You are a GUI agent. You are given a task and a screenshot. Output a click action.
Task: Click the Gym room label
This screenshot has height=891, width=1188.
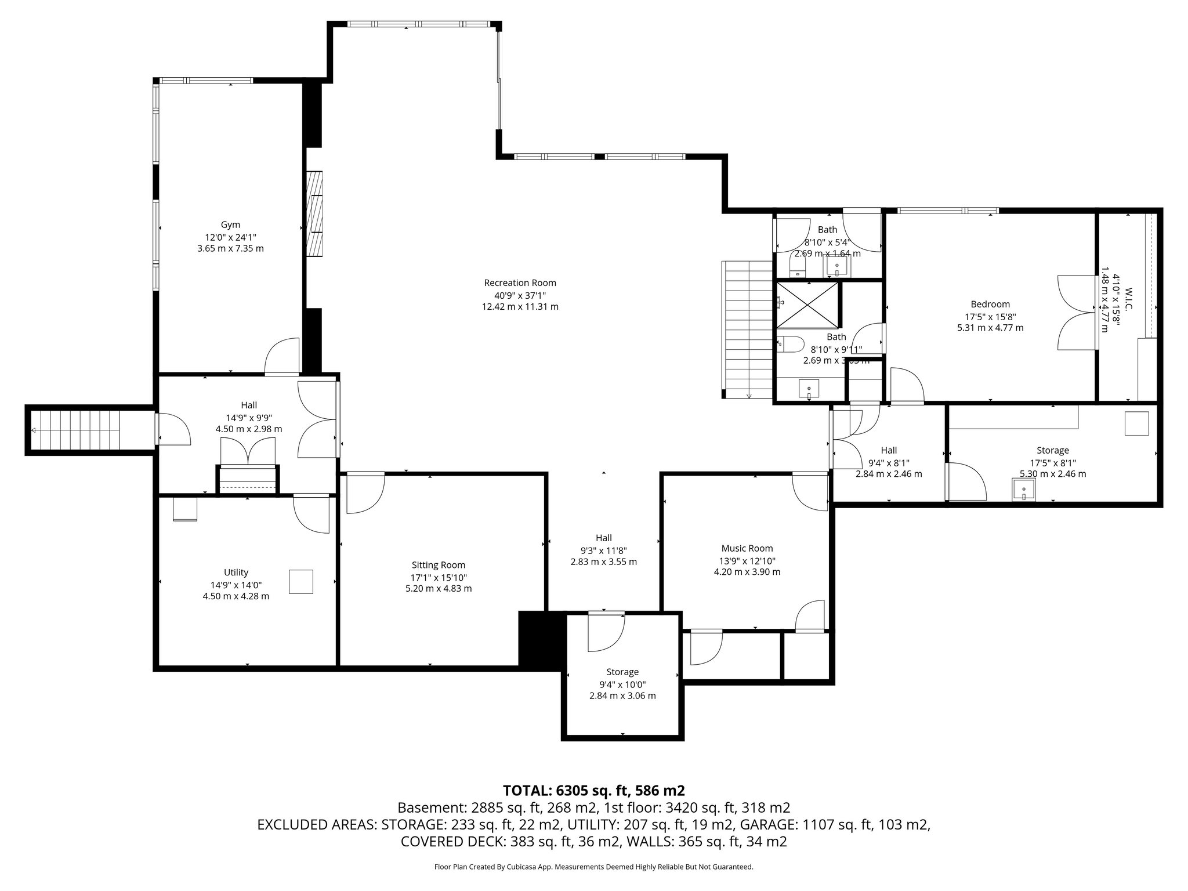[230, 224]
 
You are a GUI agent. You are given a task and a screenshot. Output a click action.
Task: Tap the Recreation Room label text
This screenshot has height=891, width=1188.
[520, 283]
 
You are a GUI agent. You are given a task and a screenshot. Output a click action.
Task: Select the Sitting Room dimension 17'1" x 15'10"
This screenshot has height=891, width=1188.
[438, 577]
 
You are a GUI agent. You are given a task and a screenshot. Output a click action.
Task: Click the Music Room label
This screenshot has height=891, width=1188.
[747, 548]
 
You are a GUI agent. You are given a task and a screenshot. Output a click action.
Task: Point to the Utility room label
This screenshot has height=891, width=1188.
[236, 573]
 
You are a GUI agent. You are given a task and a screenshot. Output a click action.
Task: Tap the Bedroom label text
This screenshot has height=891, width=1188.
[990, 304]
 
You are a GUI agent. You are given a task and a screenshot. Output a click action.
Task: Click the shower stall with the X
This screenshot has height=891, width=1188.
[807, 304]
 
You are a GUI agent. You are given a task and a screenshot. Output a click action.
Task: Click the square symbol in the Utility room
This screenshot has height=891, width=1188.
[301, 582]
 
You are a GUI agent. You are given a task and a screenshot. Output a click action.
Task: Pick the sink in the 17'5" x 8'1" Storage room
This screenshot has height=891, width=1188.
[1024, 490]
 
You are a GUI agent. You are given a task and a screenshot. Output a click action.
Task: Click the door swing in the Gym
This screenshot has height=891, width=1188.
[282, 356]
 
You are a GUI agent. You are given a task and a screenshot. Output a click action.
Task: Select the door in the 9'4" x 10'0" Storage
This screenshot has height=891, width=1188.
[606, 632]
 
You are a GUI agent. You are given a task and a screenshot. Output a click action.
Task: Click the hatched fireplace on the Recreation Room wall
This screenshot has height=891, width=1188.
[314, 214]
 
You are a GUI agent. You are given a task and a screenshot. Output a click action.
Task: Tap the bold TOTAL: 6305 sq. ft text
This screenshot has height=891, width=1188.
[593, 790]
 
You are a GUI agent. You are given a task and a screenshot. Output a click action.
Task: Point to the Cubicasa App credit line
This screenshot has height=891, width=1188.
[593, 867]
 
